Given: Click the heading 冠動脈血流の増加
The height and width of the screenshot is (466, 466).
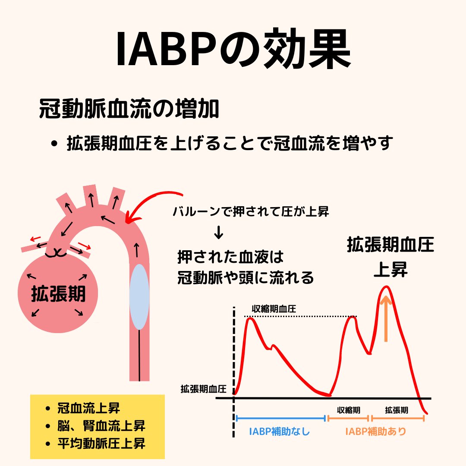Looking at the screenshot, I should (x=129, y=110).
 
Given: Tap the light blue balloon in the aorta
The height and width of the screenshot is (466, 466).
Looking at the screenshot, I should (x=139, y=297).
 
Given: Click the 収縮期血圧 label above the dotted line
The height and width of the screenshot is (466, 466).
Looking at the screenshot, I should (x=274, y=309).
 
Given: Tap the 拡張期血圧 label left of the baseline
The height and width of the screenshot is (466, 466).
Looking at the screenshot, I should (x=203, y=388).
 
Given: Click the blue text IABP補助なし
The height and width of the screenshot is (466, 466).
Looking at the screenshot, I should (x=280, y=431).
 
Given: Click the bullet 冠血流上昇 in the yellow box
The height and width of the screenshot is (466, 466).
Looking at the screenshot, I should (x=88, y=408).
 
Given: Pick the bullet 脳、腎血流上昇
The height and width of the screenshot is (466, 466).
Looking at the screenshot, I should (x=101, y=426).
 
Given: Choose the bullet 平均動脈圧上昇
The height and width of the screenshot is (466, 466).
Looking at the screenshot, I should (x=101, y=443).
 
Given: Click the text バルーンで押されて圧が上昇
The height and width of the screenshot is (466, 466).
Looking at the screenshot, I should (x=251, y=212).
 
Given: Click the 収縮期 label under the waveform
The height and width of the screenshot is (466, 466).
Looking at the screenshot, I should (x=349, y=409).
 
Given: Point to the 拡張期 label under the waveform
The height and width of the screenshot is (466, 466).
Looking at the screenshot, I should (x=397, y=409).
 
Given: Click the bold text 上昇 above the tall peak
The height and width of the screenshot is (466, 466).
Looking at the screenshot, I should (x=390, y=270).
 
